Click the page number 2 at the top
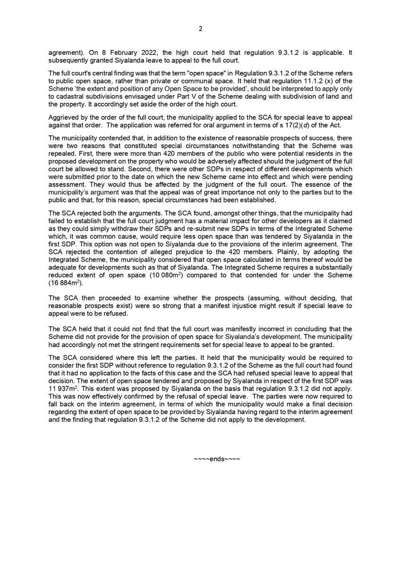click(x=200, y=29)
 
